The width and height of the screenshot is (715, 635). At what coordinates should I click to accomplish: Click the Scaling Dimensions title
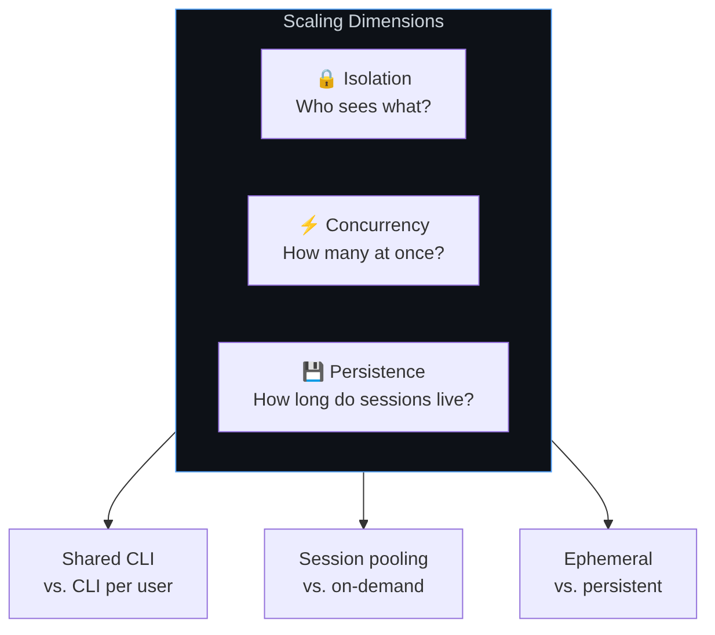(x=363, y=21)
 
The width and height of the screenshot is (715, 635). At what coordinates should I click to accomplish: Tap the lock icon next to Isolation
(x=326, y=79)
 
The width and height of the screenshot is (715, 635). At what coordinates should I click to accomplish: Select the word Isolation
(x=377, y=78)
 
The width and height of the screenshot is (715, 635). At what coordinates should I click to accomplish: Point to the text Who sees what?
(x=363, y=106)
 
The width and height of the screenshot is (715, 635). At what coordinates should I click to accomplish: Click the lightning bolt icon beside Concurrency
(x=309, y=225)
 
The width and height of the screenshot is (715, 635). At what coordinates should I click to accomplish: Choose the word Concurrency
(x=377, y=225)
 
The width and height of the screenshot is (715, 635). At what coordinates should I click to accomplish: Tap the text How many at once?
(x=363, y=253)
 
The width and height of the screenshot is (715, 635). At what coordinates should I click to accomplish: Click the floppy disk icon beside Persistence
(x=313, y=372)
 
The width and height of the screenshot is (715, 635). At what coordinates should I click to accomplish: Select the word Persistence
(x=377, y=372)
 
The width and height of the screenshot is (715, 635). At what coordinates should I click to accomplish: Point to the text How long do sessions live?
(x=363, y=400)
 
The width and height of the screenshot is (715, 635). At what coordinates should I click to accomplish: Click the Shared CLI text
(x=108, y=559)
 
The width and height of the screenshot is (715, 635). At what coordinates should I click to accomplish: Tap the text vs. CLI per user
(x=108, y=586)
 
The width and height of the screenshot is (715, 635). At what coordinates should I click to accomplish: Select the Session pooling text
(x=363, y=559)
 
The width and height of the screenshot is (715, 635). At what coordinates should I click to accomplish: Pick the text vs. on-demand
(x=363, y=586)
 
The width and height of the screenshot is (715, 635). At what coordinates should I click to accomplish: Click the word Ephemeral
(x=608, y=559)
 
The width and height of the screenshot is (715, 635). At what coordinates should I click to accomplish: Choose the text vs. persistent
(x=608, y=586)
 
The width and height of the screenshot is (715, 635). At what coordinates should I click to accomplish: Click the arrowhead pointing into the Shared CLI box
(x=108, y=524)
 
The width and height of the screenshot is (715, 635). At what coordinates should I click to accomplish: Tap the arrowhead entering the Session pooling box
(x=363, y=524)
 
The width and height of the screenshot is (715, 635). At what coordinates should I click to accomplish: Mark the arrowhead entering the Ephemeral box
(x=608, y=524)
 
